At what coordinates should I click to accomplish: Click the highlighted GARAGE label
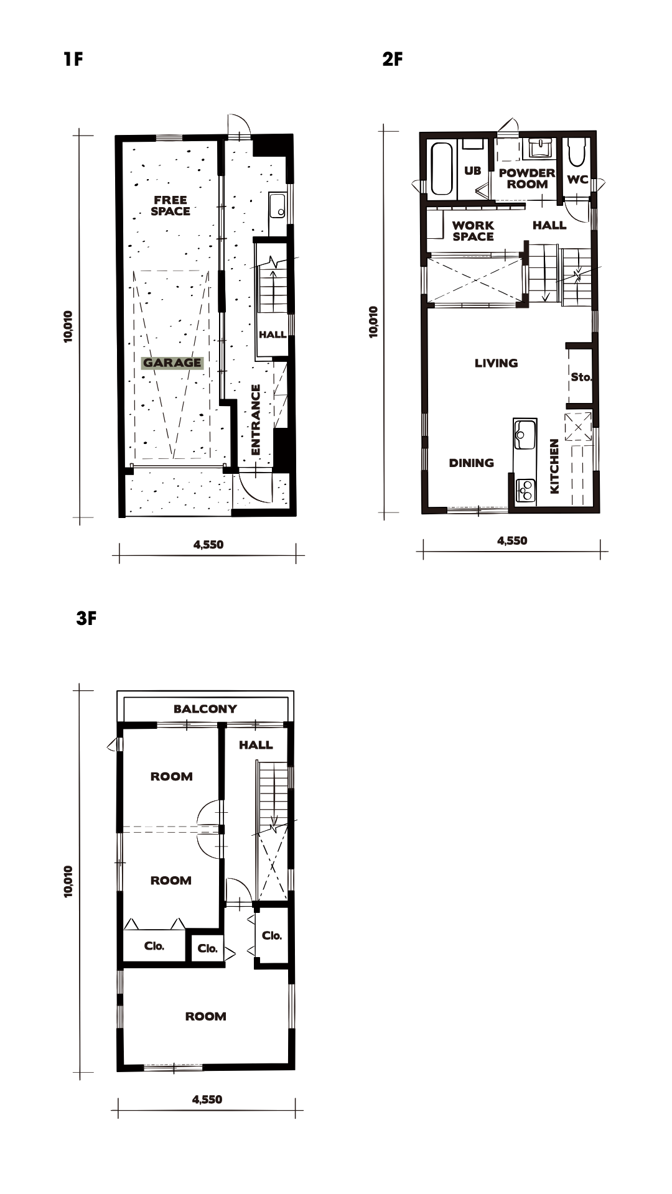click(172, 363)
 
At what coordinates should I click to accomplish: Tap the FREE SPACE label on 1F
click(170, 205)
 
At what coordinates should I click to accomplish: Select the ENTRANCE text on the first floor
click(255, 419)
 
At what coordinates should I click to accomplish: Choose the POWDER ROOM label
click(527, 178)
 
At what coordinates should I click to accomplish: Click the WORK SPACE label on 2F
click(473, 231)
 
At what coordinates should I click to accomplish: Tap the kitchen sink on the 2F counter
click(524, 433)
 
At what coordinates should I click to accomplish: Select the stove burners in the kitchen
click(526, 490)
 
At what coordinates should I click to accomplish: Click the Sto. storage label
click(581, 377)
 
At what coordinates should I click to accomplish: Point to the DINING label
click(472, 463)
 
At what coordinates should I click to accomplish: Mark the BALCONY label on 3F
click(205, 708)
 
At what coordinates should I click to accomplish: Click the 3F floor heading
click(86, 619)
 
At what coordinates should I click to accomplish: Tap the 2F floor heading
click(393, 59)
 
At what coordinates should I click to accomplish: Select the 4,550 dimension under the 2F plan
click(512, 540)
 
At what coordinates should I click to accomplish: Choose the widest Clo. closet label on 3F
click(154, 946)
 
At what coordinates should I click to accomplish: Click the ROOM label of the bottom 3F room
click(205, 1016)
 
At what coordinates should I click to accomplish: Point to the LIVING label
click(496, 363)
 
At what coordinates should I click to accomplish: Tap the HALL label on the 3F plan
click(256, 744)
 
